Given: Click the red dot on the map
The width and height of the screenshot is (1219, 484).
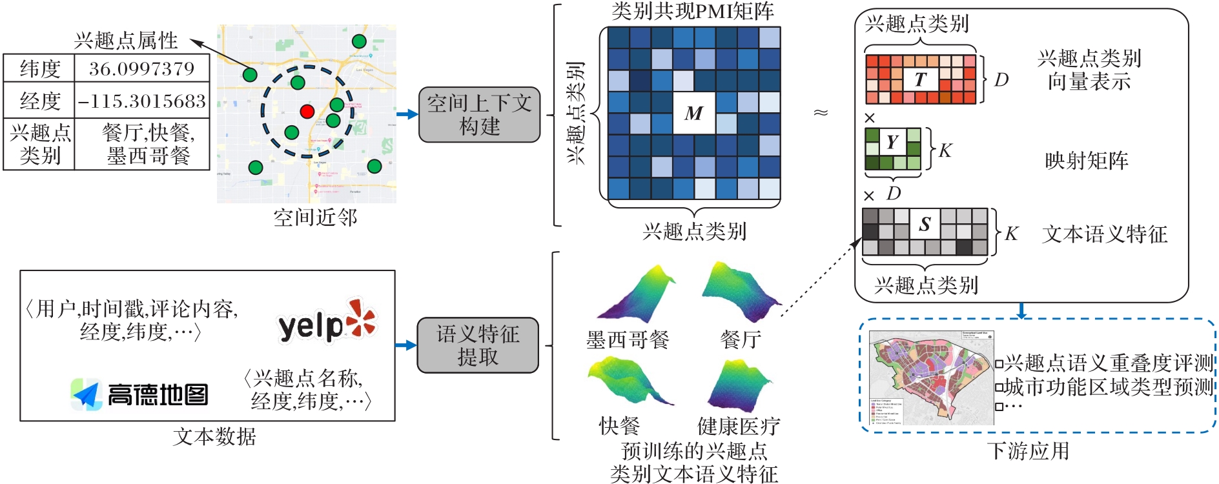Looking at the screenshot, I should pos(307,111).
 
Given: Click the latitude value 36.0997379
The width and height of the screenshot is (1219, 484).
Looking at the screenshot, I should pos(141,68).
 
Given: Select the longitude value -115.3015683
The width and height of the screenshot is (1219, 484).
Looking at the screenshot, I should pos(142,101).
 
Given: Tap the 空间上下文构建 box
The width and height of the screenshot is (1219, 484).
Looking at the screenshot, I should pos(479,114).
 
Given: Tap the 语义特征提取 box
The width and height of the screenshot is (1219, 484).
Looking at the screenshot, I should pos(478,345).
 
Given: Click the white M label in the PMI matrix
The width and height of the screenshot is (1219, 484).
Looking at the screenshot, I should pos(694,114).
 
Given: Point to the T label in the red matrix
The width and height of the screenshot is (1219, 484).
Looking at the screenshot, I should pos(920,79).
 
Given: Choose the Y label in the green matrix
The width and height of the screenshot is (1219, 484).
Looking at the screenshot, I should pos(892,141).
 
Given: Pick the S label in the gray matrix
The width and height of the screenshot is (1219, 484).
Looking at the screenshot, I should pos(925,224).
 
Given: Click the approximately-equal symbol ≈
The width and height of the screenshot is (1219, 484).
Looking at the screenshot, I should pos(821,113).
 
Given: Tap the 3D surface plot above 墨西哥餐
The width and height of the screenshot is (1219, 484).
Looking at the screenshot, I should pos(637,294).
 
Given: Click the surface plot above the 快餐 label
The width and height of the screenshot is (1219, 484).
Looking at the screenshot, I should pos(629,381).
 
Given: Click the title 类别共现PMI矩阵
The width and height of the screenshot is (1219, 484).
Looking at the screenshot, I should pos(692,11).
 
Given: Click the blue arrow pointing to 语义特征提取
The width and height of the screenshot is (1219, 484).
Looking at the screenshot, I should pos(406,345).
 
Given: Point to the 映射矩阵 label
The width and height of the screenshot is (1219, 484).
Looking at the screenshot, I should pos(1087,160).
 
